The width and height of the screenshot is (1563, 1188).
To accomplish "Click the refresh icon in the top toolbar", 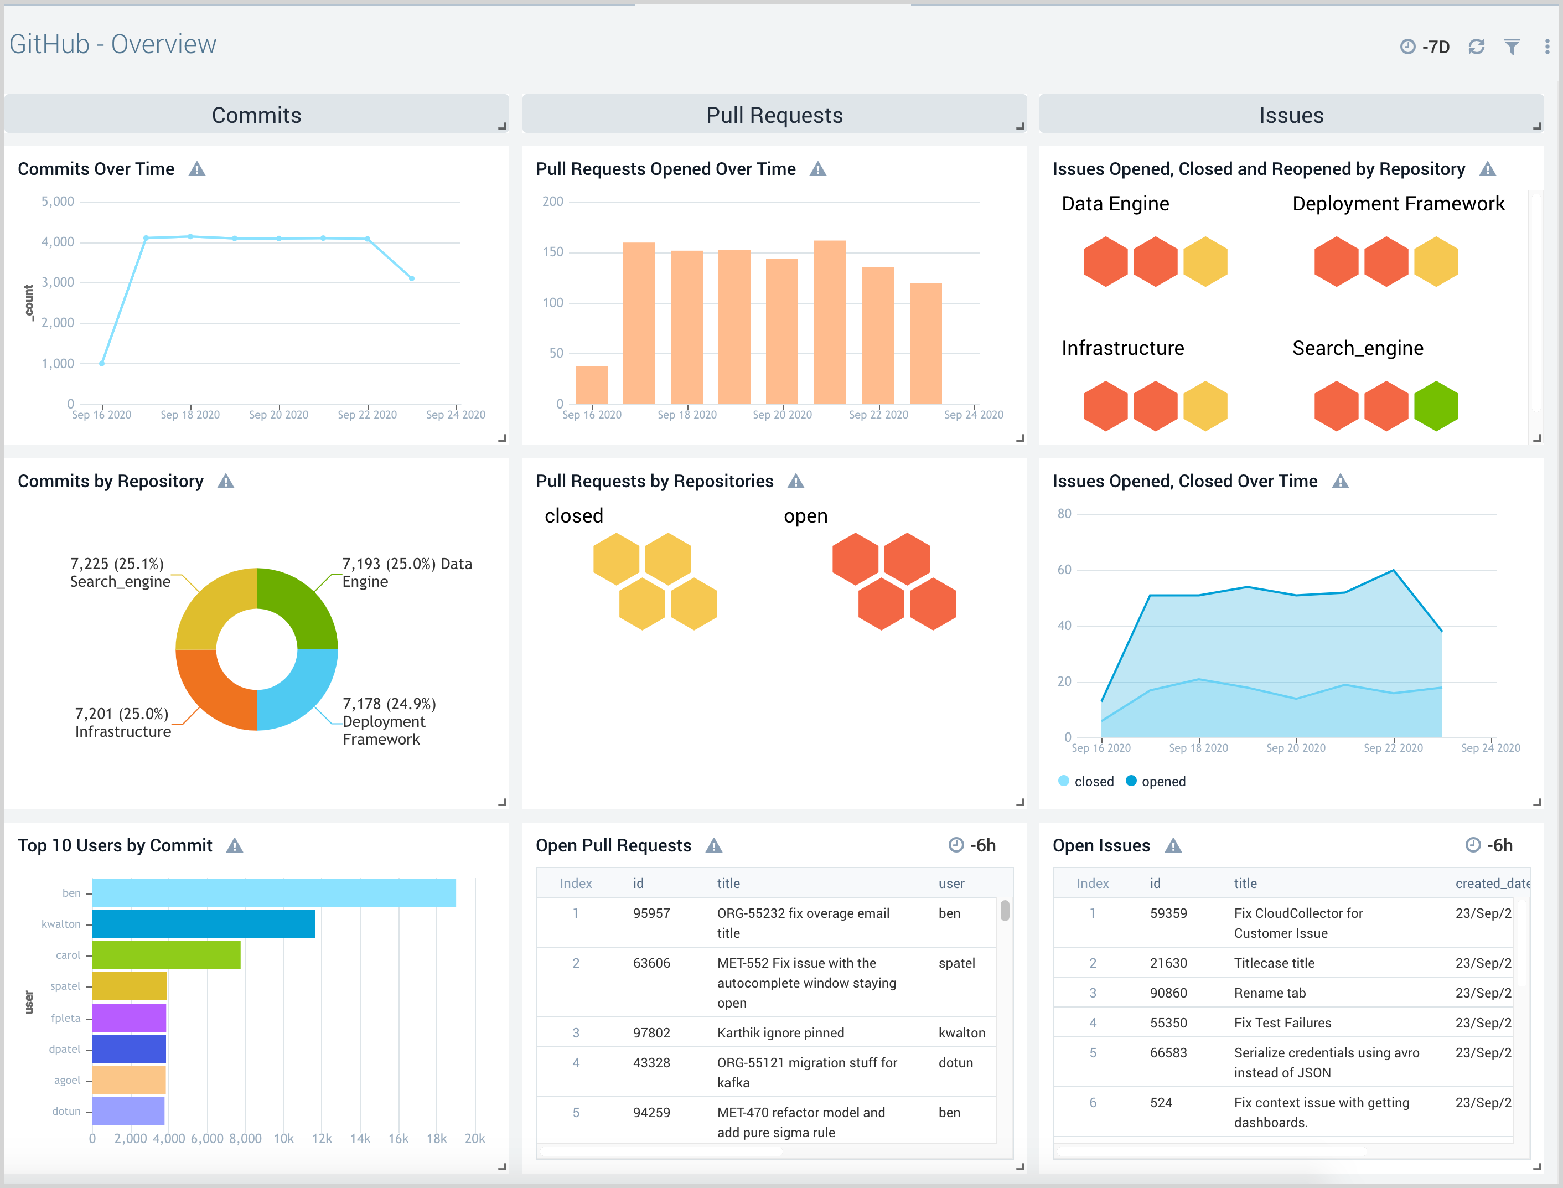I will (x=1476, y=47).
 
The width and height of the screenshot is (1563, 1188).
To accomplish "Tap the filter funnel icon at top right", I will (x=1512, y=47).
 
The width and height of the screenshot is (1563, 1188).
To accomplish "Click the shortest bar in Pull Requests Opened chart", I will (x=591, y=385).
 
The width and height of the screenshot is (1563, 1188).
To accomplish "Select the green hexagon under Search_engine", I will (x=1436, y=406).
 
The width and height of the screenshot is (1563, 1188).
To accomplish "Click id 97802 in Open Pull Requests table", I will (x=651, y=1033).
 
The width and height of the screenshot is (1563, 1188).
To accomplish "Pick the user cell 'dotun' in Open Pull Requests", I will (x=955, y=1063).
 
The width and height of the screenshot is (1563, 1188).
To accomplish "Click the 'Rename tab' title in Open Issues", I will (x=1270, y=993).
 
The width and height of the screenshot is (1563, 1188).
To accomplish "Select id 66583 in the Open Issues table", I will (x=1168, y=1053).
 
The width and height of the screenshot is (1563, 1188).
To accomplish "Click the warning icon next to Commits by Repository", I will (x=225, y=482).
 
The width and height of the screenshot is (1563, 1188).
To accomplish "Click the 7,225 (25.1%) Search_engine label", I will (x=120, y=573).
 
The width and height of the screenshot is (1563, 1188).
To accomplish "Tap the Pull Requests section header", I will (x=774, y=115).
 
